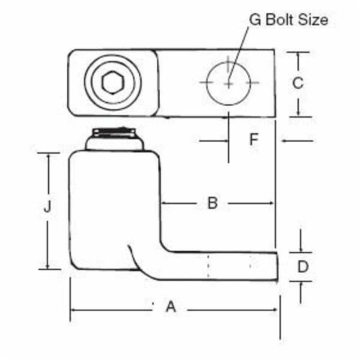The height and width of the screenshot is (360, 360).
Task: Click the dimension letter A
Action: click(x=171, y=308)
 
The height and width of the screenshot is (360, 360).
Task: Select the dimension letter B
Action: click(x=213, y=203)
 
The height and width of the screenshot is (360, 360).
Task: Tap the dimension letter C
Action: click(x=298, y=83)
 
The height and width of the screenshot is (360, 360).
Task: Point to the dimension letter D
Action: click(x=303, y=267)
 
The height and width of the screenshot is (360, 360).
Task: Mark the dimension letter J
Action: click(x=48, y=207)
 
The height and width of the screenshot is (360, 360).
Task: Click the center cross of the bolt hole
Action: click(x=229, y=83)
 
